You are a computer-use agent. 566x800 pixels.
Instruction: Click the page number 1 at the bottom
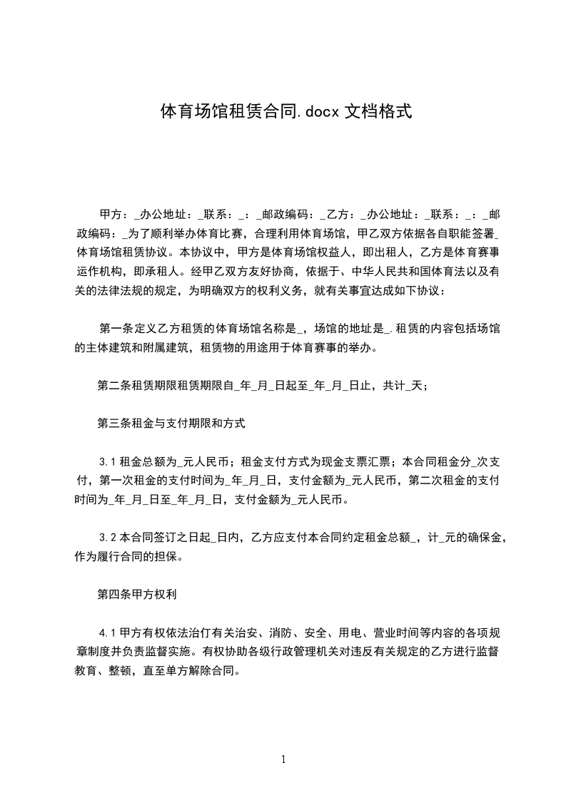tap(283, 759)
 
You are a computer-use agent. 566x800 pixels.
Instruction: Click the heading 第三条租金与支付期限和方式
tap(171, 423)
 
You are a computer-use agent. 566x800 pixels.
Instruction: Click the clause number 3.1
tap(108, 461)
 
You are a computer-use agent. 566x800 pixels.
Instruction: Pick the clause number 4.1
tap(108, 632)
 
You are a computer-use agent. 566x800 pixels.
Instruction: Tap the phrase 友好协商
tap(273, 272)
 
